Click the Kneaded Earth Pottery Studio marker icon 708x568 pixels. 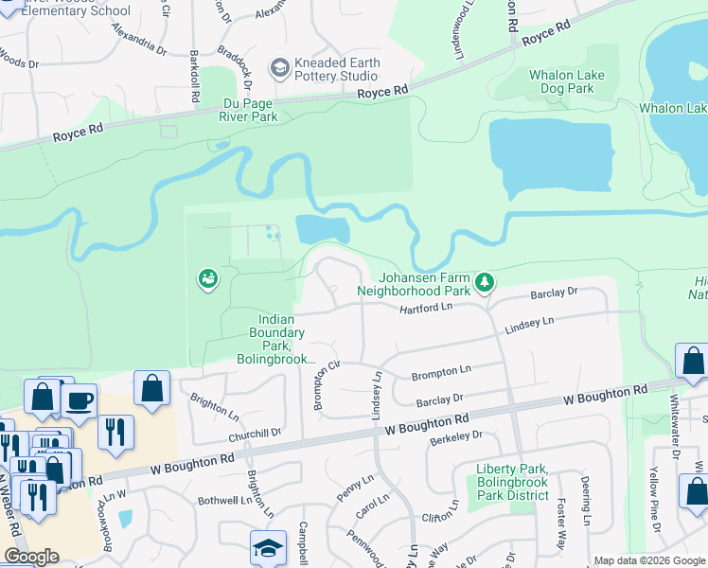point(279,67)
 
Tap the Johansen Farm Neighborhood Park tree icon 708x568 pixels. point(485,282)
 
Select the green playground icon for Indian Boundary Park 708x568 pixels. point(207,278)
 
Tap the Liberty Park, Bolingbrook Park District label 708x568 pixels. point(512,482)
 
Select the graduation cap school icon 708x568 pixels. point(268,547)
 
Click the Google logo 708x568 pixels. point(31,557)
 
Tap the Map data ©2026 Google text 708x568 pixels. point(649,560)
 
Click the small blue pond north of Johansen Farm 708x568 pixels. point(323,229)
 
